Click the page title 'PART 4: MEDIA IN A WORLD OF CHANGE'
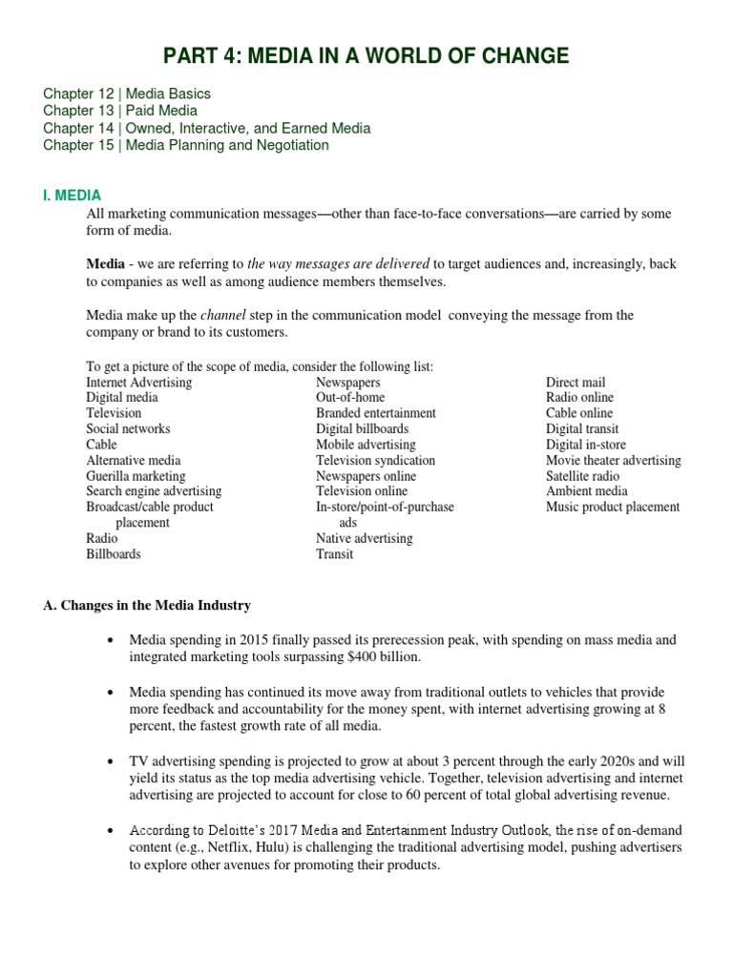366,55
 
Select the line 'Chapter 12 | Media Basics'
127,94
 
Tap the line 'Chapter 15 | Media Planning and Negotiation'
186,145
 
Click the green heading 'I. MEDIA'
72,196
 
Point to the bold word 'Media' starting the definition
105,263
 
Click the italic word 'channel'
222,315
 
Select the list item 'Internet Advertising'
138,383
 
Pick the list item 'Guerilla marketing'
136,476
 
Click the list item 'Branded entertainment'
376,413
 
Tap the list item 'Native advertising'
365,538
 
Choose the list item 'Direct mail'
576,383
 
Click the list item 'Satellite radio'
582,476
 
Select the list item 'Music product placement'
613,507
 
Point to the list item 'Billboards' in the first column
113,553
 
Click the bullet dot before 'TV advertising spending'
112,761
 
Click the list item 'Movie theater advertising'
613,460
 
